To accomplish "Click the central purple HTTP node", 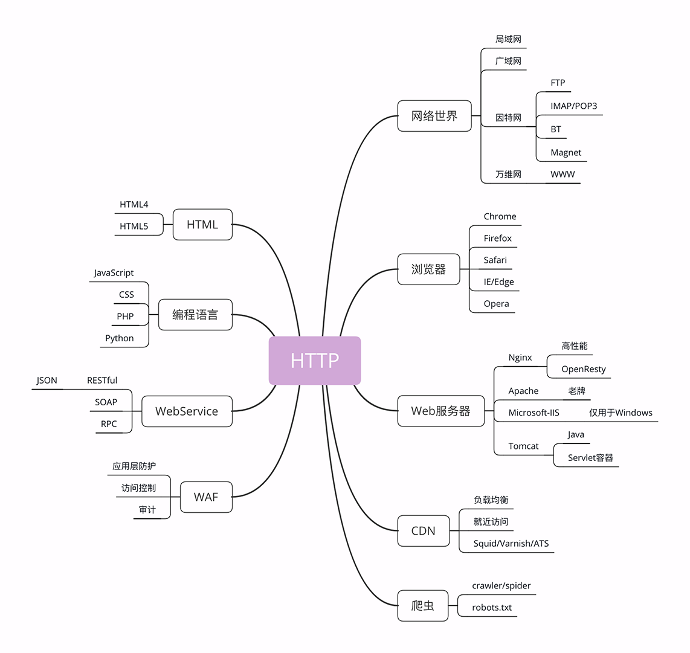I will [x=314, y=361].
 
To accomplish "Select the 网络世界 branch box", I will [x=434, y=116].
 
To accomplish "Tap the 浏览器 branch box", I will [x=428, y=269].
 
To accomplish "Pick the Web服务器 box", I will [x=440, y=411].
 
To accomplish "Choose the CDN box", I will [x=423, y=531].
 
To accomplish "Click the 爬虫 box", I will [x=422, y=605].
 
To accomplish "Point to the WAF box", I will [x=205, y=497].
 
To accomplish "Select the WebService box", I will [x=186, y=411].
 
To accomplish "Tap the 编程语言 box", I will [x=195, y=315].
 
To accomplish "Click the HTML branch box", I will [x=202, y=225].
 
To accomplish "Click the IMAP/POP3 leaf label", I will [x=573, y=106].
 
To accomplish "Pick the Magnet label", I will [x=566, y=153].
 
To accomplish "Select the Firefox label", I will [x=497, y=239].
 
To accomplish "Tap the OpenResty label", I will [x=583, y=369].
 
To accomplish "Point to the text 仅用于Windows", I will [x=621, y=413].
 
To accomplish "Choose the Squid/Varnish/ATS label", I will [x=511, y=544].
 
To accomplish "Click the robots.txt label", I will [x=492, y=608].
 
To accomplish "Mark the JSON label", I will [x=47, y=381].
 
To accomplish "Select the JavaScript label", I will [x=114, y=273].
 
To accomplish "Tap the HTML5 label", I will [x=134, y=227].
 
